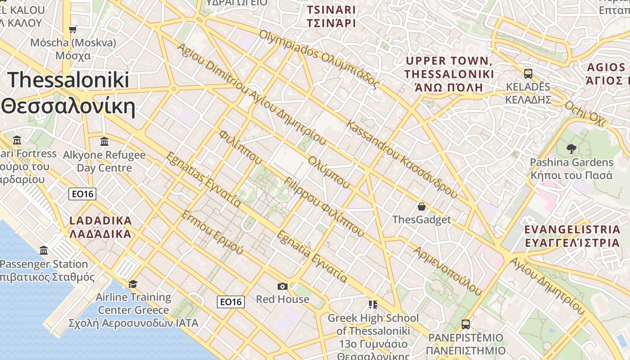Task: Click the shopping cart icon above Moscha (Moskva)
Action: point(72,29)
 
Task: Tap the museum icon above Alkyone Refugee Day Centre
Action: point(104,141)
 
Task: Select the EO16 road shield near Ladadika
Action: point(82,194)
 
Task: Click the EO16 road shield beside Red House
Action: point(231,301)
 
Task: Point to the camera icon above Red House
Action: point(282,286)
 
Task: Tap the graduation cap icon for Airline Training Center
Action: point(133,284)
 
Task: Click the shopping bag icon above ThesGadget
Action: point(421,207)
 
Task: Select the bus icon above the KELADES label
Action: point(528,73)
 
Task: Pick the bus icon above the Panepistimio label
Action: point(466,324)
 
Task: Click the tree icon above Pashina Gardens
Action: point(571,148)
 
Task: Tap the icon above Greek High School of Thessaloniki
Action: point(373,305)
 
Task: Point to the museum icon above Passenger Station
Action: point(44,251)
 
